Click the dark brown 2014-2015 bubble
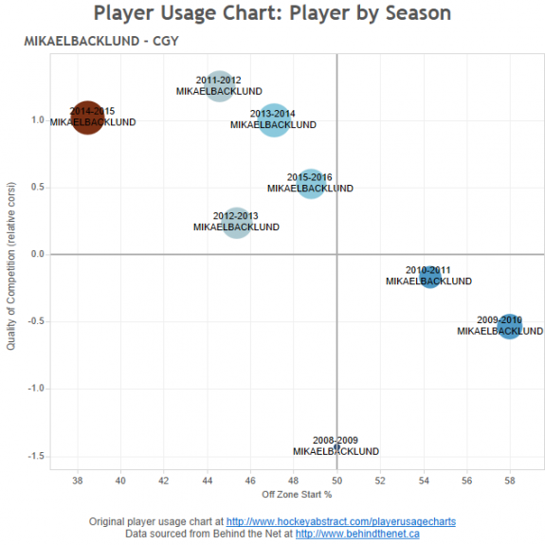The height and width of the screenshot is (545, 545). coord(86,118)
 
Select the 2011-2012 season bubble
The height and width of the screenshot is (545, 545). coord(219,85)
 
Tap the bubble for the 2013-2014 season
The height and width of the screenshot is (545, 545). coord(274,120)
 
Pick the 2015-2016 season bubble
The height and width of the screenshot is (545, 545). coord(311,183)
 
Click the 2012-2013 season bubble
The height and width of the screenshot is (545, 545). coord(237,223)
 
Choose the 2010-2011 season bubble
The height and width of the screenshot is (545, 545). coord(430,277)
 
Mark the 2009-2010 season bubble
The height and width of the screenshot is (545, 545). coord(510,326)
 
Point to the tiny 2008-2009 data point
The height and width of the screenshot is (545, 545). coord(337,446)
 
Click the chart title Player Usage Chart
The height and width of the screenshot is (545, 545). coord(272,13)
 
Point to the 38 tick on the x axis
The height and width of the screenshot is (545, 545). coord(77,480)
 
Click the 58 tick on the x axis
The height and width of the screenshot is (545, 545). coord(510,480)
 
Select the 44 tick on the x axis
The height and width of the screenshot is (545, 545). coord(207,480)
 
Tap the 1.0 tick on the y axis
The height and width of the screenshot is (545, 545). coord(37,120)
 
